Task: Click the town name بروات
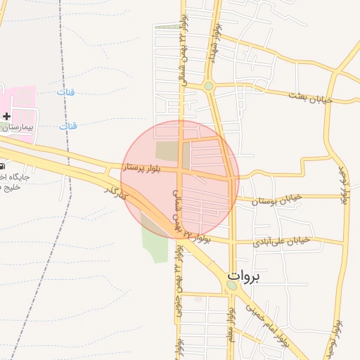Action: point(243,276)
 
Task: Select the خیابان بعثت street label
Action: point(309,96)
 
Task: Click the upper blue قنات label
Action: point(66,93)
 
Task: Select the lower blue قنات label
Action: point(68,126)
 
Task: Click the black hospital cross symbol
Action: point(6,115)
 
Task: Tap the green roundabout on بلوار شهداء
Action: point(208,86)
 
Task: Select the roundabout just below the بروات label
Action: point(232,285)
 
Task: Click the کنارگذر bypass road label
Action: point(115,191)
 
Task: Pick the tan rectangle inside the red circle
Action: point(167,150)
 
